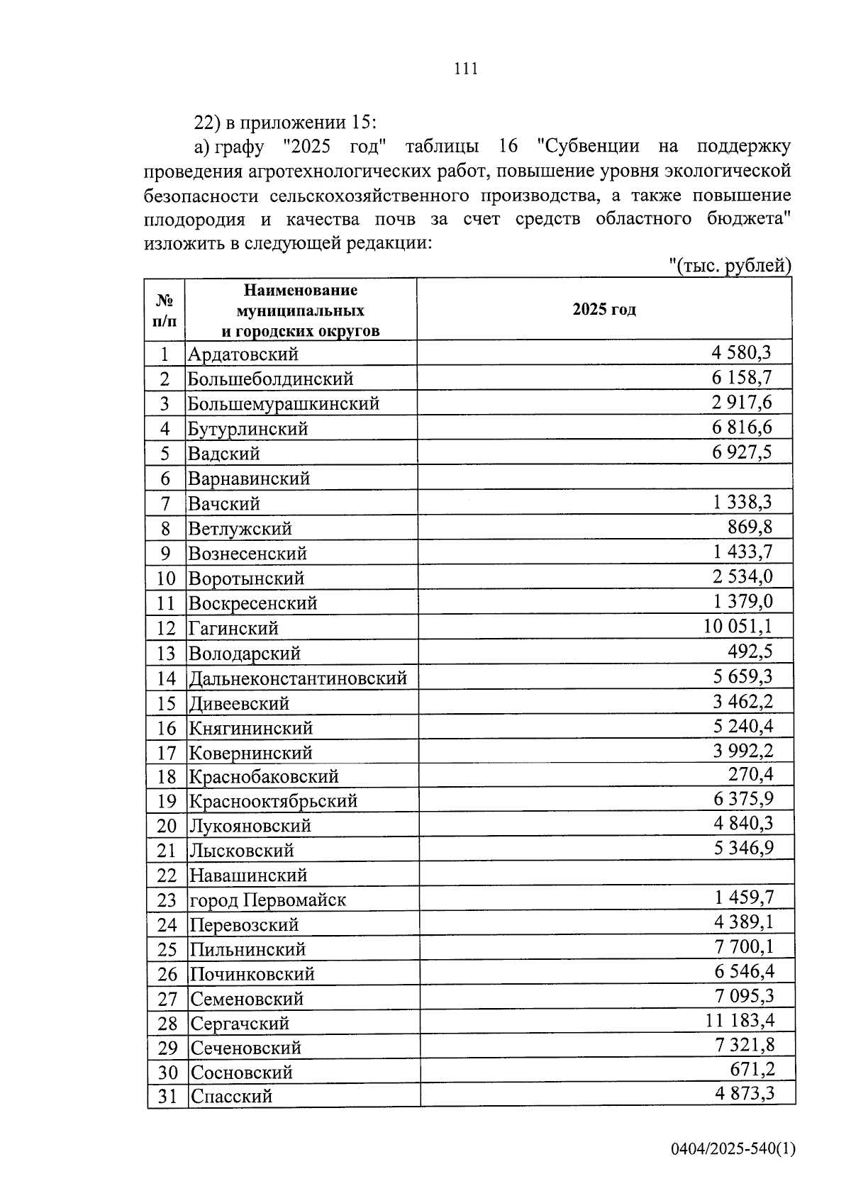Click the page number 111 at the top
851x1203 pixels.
(465, 69)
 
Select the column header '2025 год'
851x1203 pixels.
(604, 310)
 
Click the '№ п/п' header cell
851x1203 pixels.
(165, 310)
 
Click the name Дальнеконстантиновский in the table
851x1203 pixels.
(298, 678)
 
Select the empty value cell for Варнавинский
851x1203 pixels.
(604, 478)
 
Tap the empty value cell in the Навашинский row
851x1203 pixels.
(606, 874)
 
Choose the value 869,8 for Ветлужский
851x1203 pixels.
(750, 527)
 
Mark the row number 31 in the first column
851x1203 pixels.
(167, 1096)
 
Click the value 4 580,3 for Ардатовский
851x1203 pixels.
(741, 352)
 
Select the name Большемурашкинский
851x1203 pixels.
(284, 403)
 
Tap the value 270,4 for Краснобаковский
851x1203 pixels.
(750, 774)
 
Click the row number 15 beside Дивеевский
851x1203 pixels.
(166, 703)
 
